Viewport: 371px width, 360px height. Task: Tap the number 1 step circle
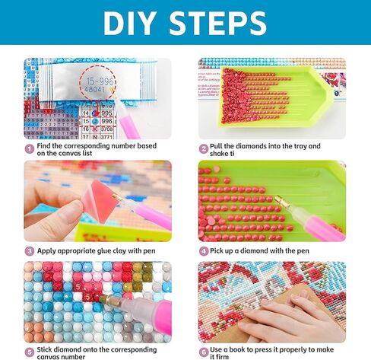tap(29, 149)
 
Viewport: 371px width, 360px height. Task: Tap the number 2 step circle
tap(204, 149)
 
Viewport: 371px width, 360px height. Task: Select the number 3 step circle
tap(29, 250)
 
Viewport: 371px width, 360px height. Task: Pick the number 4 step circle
tap(204, 250)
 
